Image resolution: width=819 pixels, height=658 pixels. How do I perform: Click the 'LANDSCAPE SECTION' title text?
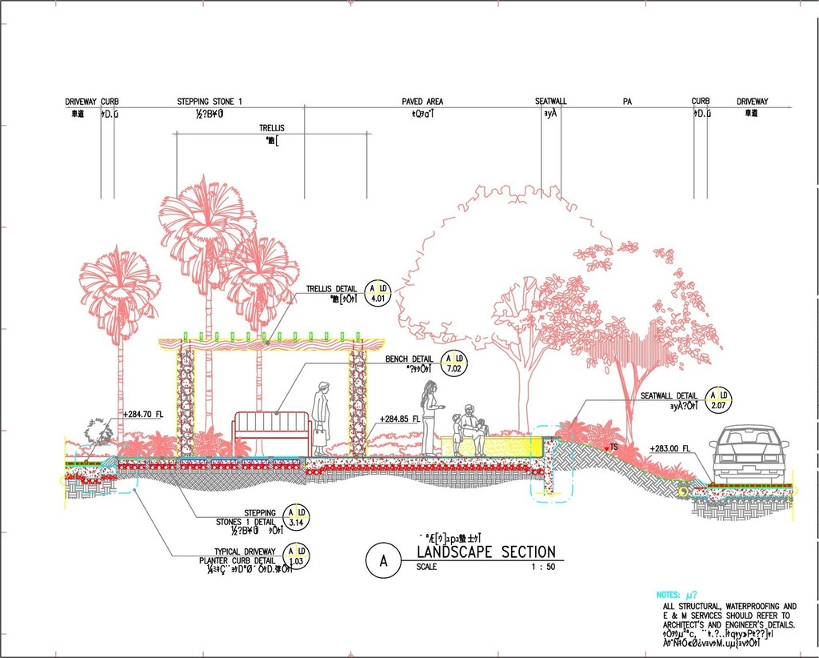[485, 552]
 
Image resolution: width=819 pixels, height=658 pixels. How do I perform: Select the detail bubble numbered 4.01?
[378, 294]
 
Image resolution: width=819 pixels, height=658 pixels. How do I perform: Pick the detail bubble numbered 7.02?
[454, 363]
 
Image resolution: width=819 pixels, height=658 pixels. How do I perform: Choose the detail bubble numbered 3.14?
[296, 517]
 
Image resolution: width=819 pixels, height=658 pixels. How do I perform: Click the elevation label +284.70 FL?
[143, 414]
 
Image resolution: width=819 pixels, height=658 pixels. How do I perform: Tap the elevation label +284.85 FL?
[400, 419]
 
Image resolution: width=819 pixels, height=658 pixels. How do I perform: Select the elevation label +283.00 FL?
[670, 448]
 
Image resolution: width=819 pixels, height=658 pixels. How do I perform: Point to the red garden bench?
[271, 432]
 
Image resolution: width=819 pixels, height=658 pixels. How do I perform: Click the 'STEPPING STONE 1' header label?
[210, 102]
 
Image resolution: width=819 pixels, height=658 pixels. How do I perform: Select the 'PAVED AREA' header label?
[422, 102]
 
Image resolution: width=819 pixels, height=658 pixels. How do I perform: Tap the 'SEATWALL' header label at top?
[550, 102]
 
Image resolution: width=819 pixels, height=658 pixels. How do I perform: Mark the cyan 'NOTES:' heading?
[669, 595]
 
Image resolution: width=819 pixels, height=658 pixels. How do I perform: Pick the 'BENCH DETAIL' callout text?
[409, 359]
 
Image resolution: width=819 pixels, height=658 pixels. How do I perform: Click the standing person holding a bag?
[322, 418]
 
